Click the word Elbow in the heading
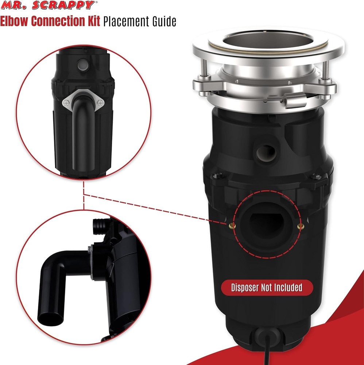(x=14, y=22)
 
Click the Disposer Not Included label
(x=267, y=288)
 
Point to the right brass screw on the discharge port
(x=300, y=227)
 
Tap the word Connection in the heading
(x=58, y=22)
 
